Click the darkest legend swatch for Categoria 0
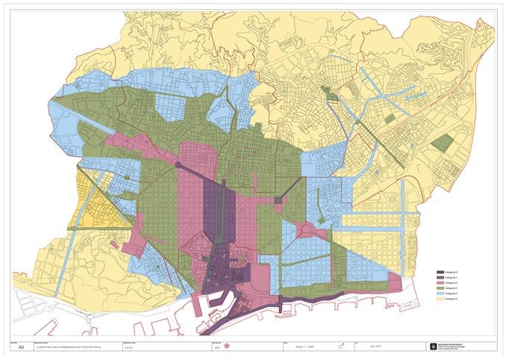440,272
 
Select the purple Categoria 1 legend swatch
440,277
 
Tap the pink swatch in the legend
440,283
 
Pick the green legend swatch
440,288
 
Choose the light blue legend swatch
440,294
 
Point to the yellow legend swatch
440,300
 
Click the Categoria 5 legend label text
453,300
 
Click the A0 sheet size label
21,347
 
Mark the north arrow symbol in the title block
342,347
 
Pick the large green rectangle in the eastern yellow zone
442,144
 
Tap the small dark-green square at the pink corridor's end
279,199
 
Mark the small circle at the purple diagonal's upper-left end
179,164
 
